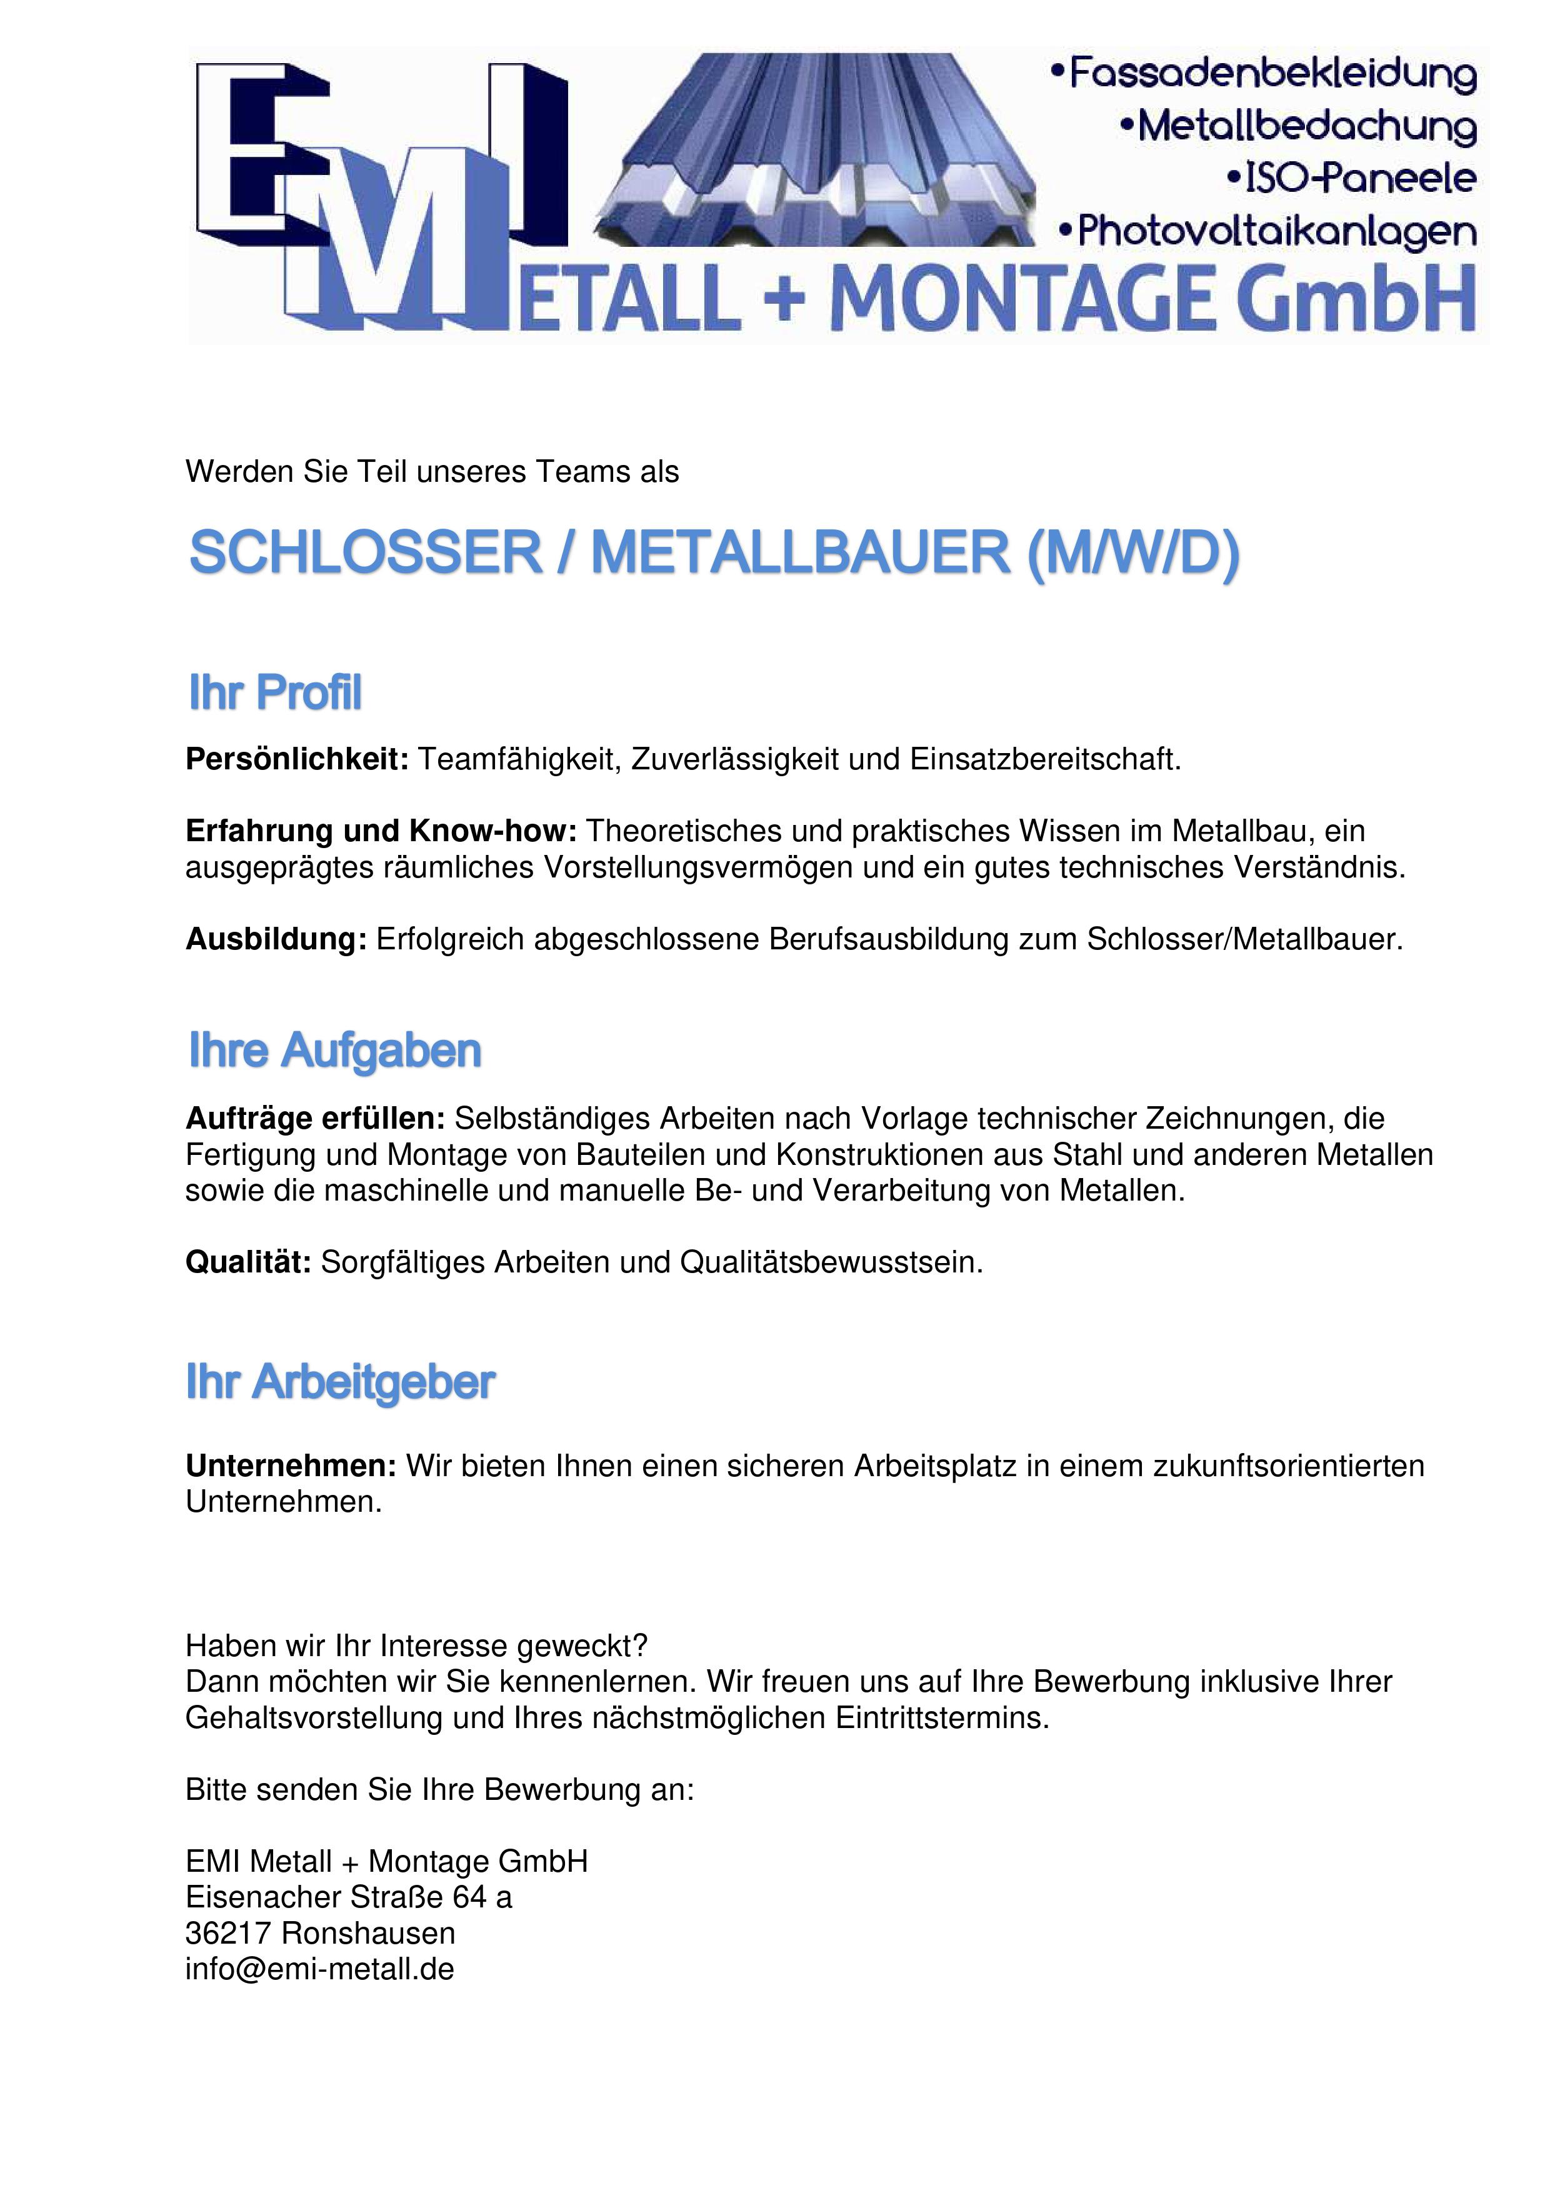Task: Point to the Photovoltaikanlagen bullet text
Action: point(1269,232)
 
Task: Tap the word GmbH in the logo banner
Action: point(1357,299)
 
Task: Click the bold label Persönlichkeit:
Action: point(297,759)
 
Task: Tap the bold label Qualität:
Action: point(248,1262)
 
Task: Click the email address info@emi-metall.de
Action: point(320,1969)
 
